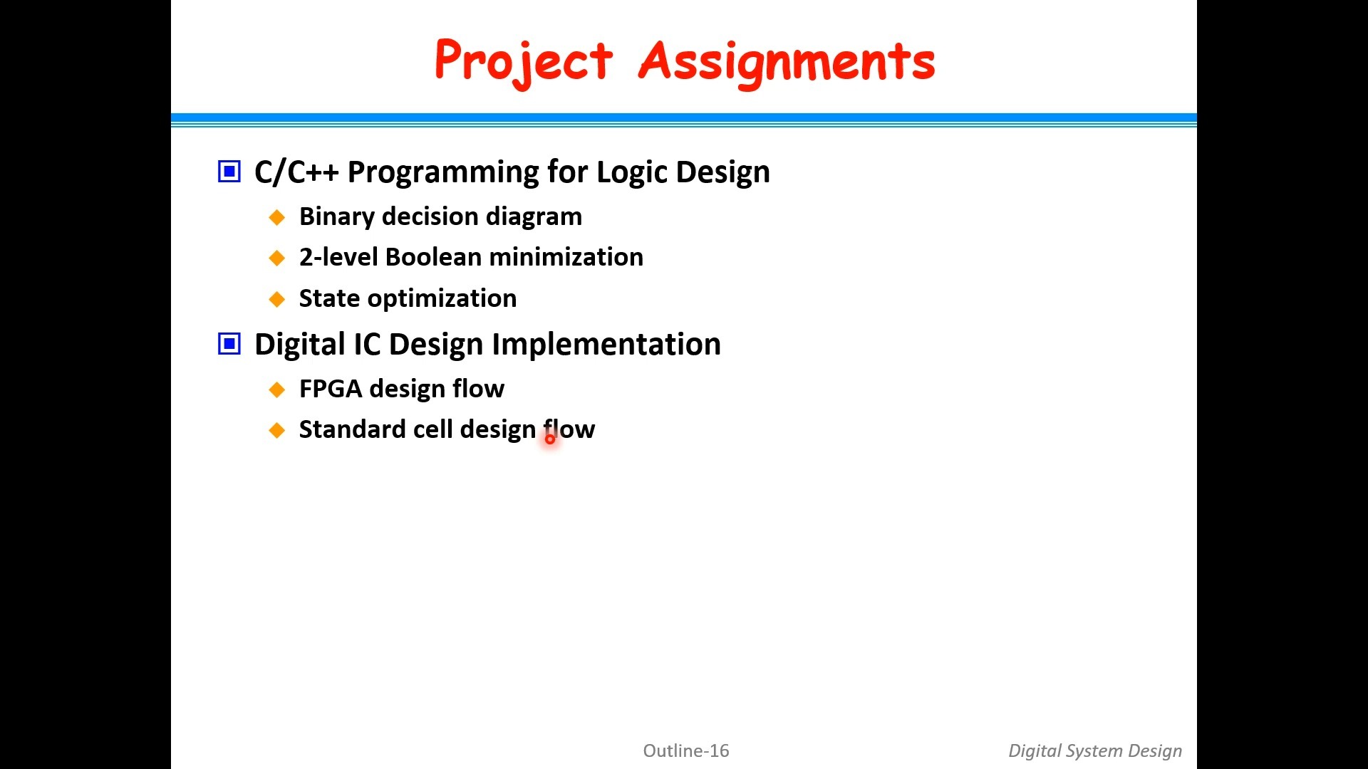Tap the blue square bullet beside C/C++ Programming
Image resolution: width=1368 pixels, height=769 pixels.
coord(229,172)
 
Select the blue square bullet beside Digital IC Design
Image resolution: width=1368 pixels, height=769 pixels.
coord(229,345)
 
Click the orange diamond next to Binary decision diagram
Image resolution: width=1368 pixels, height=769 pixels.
coord(277,217)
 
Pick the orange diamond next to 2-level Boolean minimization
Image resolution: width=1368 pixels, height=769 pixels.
coord(277,258)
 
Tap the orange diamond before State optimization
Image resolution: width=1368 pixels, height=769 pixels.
coord(277,299)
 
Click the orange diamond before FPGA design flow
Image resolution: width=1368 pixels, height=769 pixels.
coord(277,389)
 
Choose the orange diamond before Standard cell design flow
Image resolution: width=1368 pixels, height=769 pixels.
coord(277,430)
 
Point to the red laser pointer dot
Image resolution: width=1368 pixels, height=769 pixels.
coord(550,439)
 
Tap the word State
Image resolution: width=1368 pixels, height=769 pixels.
coord(329,298)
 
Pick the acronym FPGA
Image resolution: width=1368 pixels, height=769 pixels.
coord(331,389)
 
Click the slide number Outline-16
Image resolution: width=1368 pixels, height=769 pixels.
coord(686,750)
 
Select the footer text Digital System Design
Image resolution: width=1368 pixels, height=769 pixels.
coord(1095,751)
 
